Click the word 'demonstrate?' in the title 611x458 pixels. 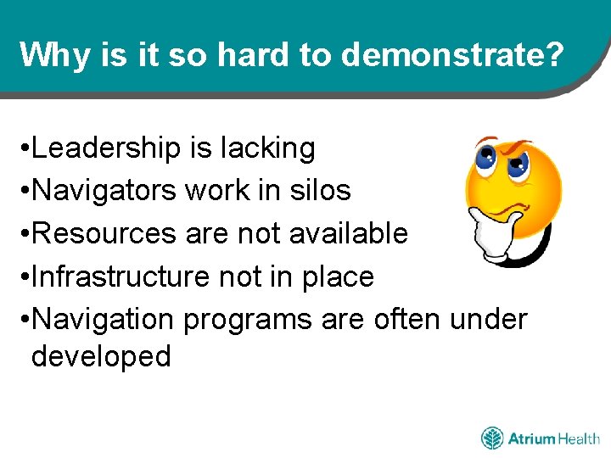point(453,55)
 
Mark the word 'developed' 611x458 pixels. point(101,356)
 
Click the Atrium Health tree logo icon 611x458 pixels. point(492,438)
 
